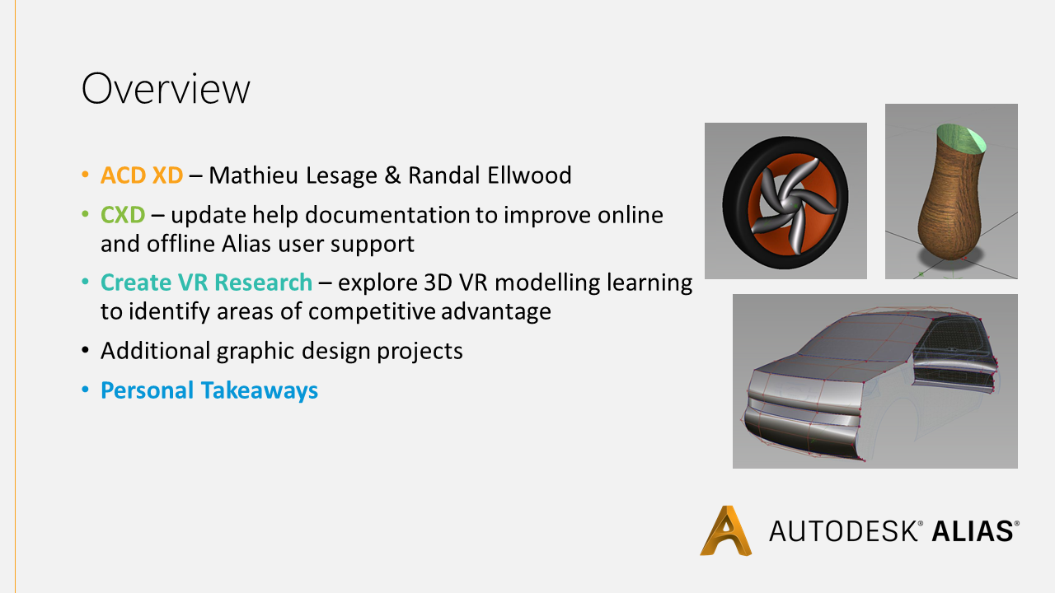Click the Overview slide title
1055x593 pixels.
(166, 88)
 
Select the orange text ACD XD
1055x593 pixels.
(142, 175)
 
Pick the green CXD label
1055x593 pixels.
(123, 215)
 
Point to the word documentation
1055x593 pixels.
(387, 215)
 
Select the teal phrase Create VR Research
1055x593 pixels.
(206, 282)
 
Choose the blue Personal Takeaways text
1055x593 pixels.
(209, 390)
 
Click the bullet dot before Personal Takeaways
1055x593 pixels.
(85, 390)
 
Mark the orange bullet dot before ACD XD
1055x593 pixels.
(85, 175)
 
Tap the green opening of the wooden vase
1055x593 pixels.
(961, 138)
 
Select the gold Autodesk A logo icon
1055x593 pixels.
(726, 530)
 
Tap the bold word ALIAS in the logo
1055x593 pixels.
(972, 531)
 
